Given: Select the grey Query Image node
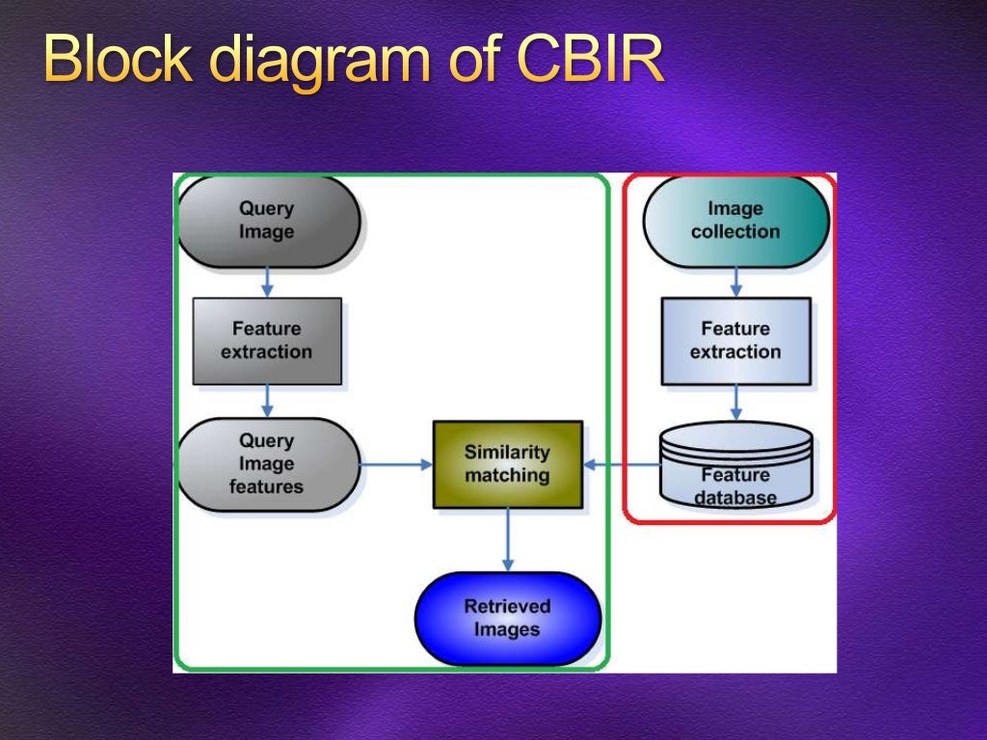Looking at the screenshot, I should coord(267,221).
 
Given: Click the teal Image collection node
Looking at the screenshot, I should coord(735,221).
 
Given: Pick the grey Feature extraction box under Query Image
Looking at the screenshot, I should coord(267,341).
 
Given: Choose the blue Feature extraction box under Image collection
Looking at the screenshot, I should coord(735,341).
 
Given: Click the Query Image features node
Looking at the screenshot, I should coord(267,464).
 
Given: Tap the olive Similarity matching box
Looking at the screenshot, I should coord(507,464).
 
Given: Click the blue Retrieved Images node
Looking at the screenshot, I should coord(507,619).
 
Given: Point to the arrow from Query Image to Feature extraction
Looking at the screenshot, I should coord(267,282).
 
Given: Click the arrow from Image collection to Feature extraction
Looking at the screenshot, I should coord(735,282).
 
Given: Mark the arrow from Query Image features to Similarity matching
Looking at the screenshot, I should coord(396,464).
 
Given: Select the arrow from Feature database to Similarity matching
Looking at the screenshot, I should coord(622,464).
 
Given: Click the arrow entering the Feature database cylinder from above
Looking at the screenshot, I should coord(735,403).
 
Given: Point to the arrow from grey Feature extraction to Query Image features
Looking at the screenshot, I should coord(267,401).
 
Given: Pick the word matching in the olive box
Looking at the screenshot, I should coord(507,476).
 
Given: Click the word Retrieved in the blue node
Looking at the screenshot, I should coord(507,606).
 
